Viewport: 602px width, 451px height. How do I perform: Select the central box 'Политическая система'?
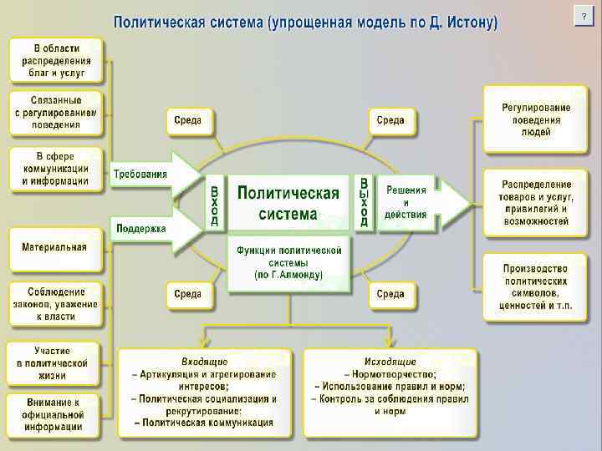288,203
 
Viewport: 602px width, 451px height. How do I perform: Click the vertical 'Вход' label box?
215,203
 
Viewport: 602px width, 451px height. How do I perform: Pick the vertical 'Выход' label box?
365,202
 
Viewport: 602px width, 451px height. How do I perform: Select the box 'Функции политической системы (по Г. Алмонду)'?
289,262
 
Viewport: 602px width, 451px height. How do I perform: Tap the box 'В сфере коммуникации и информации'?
56,168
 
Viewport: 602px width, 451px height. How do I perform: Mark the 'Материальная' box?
55,248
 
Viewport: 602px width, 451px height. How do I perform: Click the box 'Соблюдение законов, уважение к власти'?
55,304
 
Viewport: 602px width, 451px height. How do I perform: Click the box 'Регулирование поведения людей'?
536,119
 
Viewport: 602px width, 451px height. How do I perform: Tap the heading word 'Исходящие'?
391,361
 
